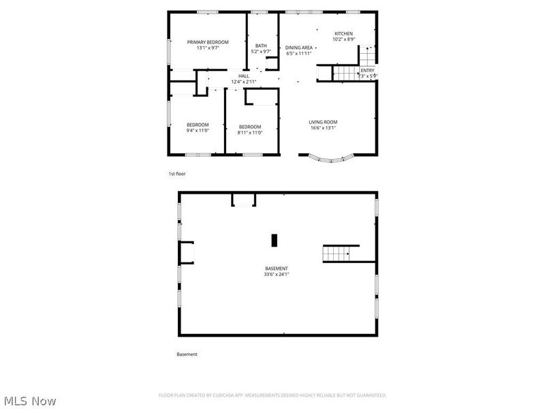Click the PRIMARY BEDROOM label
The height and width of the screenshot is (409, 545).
click(x=208, y=42)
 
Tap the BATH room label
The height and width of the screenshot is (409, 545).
click(x=261, y=46)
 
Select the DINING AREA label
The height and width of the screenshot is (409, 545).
click(x=299, y=48)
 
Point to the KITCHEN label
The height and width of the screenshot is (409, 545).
click(x=343, y=33)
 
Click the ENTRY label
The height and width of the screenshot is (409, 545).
click(x=367, y=70)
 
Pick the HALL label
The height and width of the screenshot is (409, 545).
click(x=243, y=76)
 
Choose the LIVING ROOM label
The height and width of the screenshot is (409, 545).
click(x=323, y=123)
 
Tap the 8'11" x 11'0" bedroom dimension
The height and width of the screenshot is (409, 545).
click(x=249, y=132)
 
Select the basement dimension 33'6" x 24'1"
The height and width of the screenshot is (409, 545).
click(x=277, y=275)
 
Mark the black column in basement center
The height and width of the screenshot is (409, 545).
click(x=275, y=240)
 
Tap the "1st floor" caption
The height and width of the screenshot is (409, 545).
click(x=177, y=174)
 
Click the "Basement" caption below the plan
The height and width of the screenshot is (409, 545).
click(x=187, y=354)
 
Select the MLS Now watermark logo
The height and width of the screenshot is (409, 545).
click(x=30, y=402)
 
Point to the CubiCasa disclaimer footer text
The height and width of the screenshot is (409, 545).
click(x=272, y=395)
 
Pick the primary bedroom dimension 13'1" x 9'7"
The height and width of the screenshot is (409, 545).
click(x=208, y=48)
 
